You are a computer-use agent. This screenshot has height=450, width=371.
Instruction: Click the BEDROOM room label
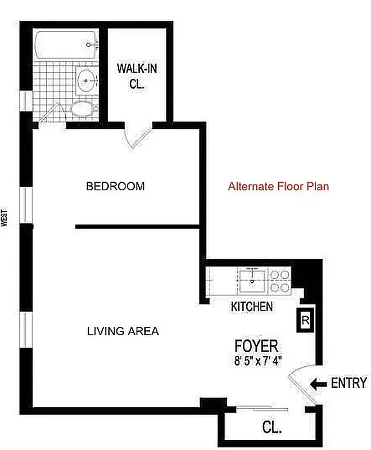point(115,186)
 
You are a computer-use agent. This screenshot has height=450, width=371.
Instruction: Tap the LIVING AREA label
point(123,331)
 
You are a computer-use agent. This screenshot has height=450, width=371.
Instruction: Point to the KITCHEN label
point(252,307)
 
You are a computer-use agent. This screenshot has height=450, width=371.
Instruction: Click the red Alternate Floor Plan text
point(278,187)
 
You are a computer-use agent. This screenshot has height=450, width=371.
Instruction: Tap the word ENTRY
point(349,384)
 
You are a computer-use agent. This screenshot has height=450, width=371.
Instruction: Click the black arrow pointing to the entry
point(319,384)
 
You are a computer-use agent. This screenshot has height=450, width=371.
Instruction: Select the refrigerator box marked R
point(305,321)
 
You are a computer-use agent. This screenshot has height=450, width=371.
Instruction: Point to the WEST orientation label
point(4,218)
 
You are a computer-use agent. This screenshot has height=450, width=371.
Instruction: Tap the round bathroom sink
point(86,80)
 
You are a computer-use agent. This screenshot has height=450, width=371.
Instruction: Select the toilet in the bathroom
point(84,109)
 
